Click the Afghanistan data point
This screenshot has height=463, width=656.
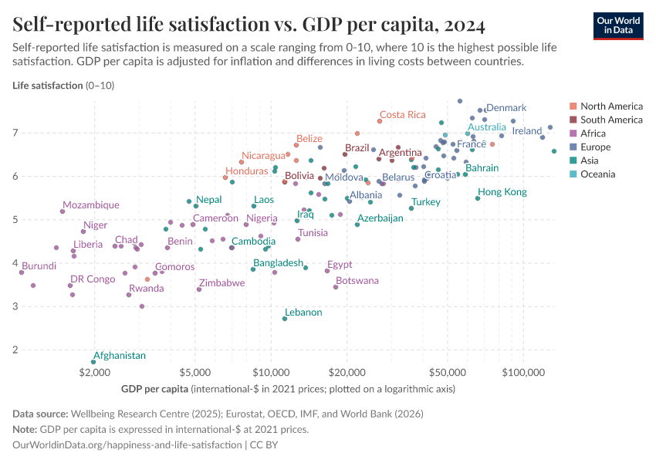(93, 362)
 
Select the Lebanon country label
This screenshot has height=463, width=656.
(303, 313)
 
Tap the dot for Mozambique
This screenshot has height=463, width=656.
(63, 211)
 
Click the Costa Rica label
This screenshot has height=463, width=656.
(402, 115)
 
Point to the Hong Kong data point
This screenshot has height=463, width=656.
(478, 198)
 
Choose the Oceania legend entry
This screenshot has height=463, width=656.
(597, 174)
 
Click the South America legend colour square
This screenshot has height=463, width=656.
(573, 120)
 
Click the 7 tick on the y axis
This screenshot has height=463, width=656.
(16, 133)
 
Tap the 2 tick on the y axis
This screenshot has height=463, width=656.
(16, 350)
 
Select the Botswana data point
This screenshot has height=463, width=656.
(336, 287)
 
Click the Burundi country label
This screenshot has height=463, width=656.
(39, 266)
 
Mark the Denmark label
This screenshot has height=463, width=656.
(506, 108)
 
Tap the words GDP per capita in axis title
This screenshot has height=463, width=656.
(154, 388)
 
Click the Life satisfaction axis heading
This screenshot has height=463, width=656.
(46, 85)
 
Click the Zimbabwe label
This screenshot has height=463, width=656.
(221, 283)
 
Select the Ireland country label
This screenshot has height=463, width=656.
(527, 131)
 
